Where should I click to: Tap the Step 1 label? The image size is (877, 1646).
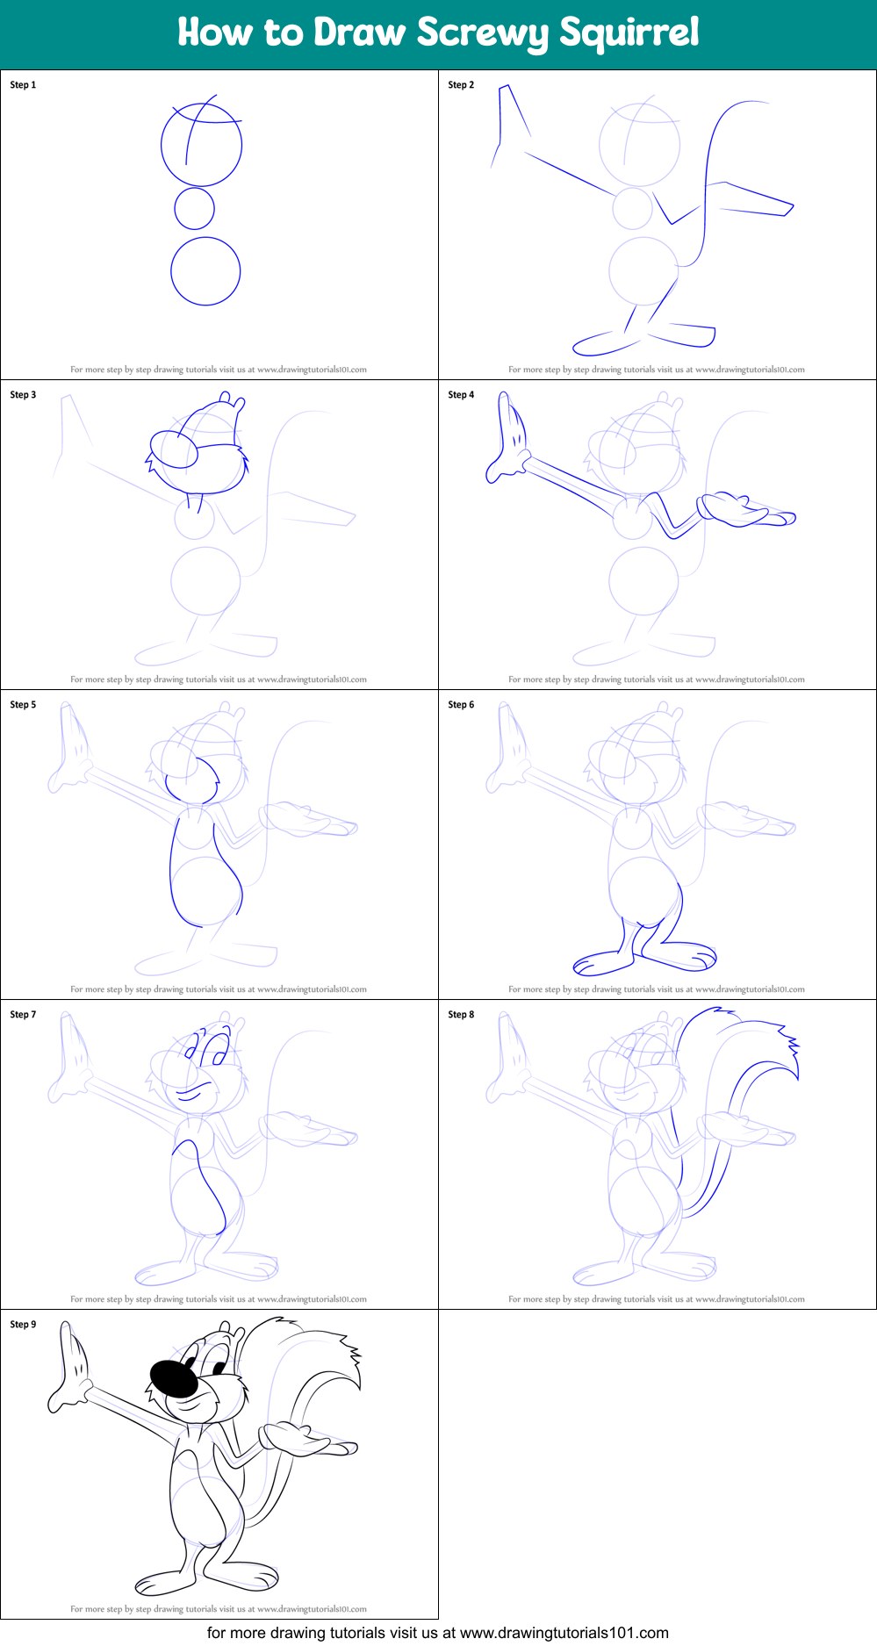click(x=23, y=85)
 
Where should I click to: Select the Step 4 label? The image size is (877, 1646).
click(x=461, y=395)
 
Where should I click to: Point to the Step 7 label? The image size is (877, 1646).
click(x=23, y=1015)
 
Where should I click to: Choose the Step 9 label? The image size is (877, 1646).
click(x=23, y=1325)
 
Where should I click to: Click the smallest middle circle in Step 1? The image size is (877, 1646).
click(x=194, y=209)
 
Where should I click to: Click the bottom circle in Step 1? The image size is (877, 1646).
click(x=205, y=271)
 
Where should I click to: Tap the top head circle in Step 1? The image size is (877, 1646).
click(x=201, y=145)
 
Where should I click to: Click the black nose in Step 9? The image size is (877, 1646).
click(x=173, y=1379)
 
